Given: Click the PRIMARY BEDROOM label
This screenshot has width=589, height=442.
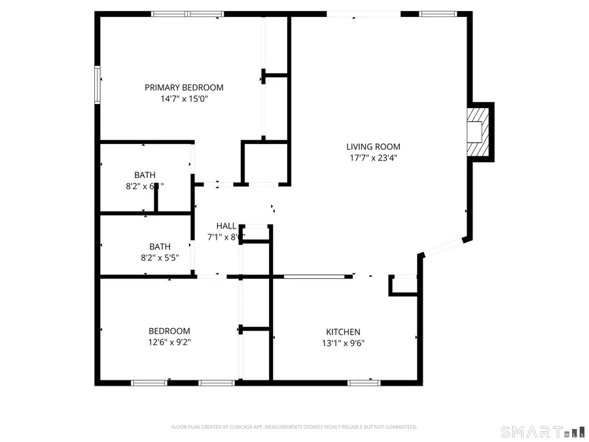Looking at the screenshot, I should click(x=184, y=87).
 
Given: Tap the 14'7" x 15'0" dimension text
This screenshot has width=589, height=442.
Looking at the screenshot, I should click(x=184, y=99).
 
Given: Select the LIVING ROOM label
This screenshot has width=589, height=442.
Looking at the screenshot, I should click(x=373, y=147).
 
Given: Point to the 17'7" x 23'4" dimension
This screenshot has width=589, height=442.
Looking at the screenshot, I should click(x=373, y=158).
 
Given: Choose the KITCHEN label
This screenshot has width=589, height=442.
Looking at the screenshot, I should click(x=343, y=332).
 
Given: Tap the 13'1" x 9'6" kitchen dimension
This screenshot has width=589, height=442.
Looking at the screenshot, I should click(x=343, y=343).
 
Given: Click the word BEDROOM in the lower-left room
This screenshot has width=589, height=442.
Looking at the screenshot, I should click(x=169, y=331).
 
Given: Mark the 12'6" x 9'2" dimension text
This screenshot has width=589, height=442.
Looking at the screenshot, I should click(x=169, y=342).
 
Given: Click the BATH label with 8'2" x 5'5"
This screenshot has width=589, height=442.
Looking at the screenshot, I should click(x=160, y=247).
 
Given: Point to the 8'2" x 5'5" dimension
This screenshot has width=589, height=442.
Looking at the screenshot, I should click(x=160, y=258).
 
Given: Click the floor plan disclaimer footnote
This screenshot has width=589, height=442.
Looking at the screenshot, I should click(x=294, y=427).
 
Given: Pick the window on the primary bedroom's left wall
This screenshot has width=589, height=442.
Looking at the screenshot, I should click(x=99, y=84).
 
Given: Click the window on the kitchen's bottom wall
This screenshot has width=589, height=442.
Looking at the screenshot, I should click(x=364, y=382).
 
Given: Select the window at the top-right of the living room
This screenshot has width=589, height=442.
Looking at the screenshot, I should click(x=438, y=13).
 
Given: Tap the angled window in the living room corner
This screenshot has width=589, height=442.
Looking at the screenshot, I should click(x=444, y=247).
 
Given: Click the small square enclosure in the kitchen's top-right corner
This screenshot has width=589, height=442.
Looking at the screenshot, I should click(x=402, y=285).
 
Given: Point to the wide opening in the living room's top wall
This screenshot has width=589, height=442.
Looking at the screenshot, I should click(x=363, y=14).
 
